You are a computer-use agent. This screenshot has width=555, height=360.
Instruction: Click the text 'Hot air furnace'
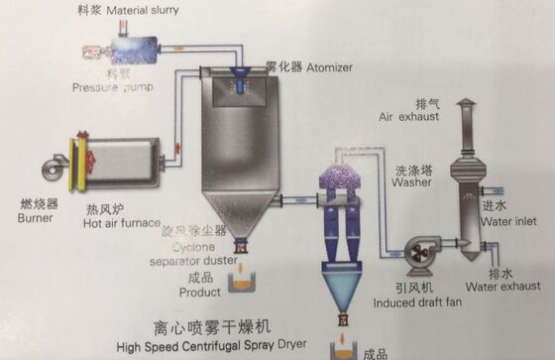click(123, 223)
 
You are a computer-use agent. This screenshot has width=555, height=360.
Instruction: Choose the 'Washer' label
click(410, 182)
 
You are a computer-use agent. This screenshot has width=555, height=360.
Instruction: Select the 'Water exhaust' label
click(510, 288)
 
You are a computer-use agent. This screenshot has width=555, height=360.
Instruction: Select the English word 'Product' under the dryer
click(199, 293)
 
